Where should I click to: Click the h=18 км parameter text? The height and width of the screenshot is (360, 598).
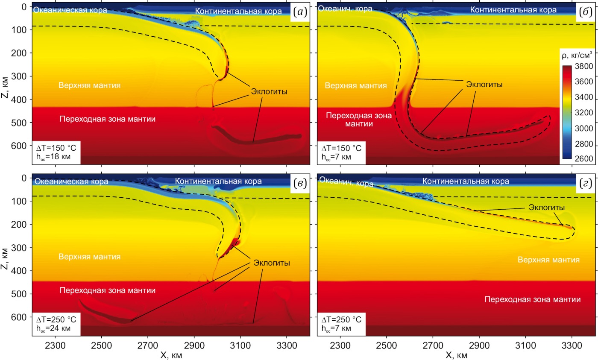click(53, 157)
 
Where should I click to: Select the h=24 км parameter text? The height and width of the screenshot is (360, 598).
click(53, 328)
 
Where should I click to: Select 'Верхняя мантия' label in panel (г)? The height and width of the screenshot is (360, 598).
click(548, 259)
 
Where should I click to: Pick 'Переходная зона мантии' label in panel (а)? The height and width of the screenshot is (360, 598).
click(108, 119)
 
